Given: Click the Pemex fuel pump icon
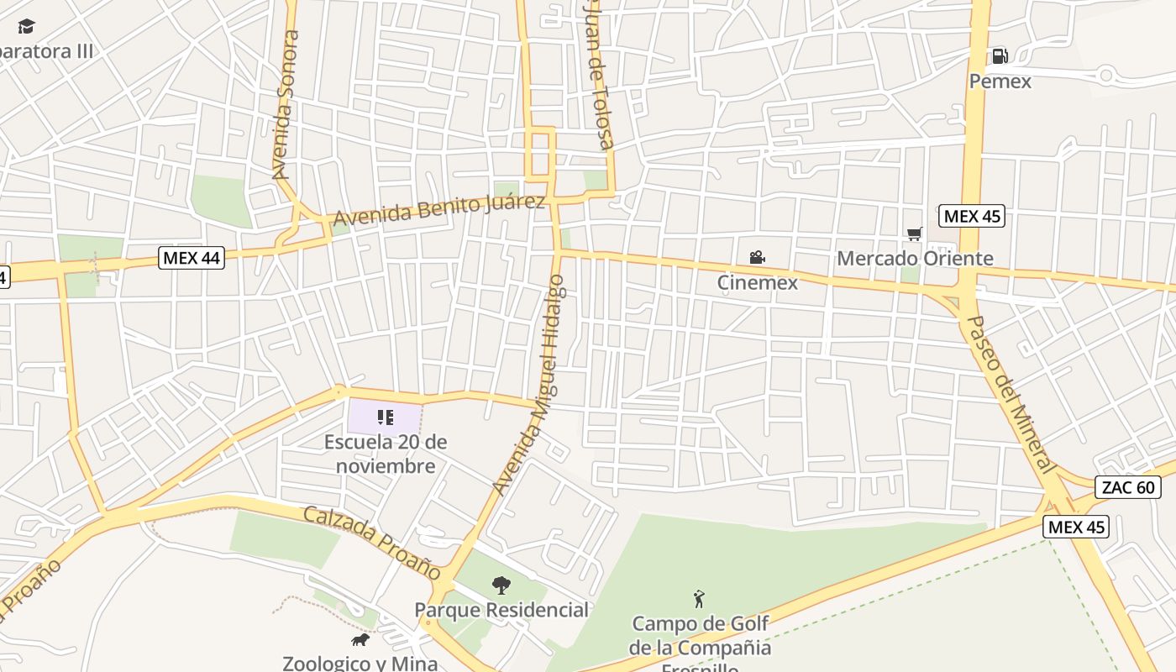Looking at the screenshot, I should point(1000,56).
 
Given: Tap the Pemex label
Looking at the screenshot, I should point(1000,81).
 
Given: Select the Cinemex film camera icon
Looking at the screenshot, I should point(757,258).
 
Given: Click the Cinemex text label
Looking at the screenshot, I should point(757,282).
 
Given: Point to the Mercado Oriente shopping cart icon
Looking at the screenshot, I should point(914,234).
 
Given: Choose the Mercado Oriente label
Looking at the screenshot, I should point(915,259).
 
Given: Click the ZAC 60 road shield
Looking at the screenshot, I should point(1127,487).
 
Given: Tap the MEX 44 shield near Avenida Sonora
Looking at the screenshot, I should point(192,258).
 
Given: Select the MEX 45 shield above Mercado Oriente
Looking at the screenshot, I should point(972,216).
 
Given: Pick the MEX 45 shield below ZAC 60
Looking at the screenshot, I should point(1076,527).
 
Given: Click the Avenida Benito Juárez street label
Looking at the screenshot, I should point(439,209).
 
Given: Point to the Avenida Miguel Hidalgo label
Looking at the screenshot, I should point(530,385).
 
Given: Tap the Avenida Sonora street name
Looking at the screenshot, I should point(286,105).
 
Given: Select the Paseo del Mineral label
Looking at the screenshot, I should point(1010,394).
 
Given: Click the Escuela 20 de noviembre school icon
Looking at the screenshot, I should point(386,417).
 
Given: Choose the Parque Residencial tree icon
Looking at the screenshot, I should point(501,585).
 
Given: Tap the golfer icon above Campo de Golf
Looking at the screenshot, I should point(699,599).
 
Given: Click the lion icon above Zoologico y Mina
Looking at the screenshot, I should point(360,640).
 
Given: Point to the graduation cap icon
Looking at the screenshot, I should point(27,27).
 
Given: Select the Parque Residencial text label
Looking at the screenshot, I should point(501,610).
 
